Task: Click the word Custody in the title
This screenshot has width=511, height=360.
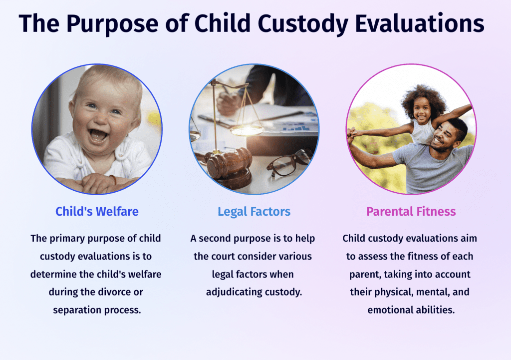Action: [x=303, y=24]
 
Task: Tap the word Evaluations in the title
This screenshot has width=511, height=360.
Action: [x=420, y=23]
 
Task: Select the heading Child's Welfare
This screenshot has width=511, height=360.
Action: [x=97, y=212]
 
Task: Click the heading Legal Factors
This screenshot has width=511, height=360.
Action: [x=254, y=212]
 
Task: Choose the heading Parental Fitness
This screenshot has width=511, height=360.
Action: [x=411, y=212]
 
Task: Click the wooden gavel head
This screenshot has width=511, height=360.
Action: [x=230, y=162]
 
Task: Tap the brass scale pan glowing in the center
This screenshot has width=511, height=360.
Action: [x=247, y=130]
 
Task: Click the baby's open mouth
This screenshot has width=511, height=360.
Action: [x=98, y=135]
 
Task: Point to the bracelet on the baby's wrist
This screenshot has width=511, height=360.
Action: [x=113, y=179]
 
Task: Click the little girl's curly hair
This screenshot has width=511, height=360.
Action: [x=423, y=99]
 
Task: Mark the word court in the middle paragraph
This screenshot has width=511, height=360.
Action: [x=223, y=257]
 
